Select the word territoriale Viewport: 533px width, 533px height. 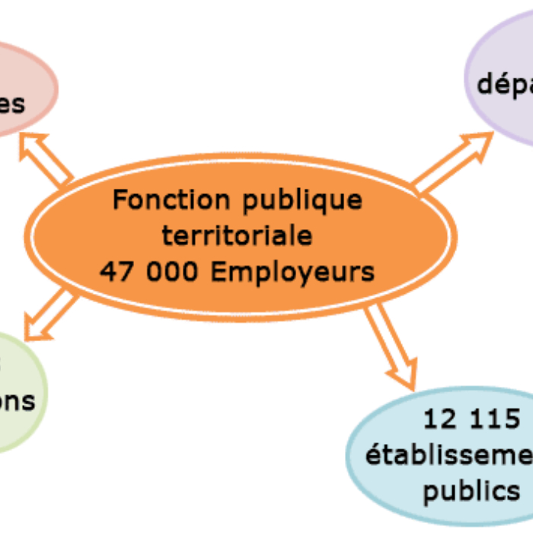click(x=237, y=236)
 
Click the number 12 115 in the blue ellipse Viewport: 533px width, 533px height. click(x=472, y=418)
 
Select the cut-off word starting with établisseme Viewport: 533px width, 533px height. click(x=449, y=455)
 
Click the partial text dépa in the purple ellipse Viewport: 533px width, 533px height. click(x=505, y=84)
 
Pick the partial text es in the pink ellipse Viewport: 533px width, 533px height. click(x=11, y=103)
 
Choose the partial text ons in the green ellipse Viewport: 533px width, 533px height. click(x=17, y=401)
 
